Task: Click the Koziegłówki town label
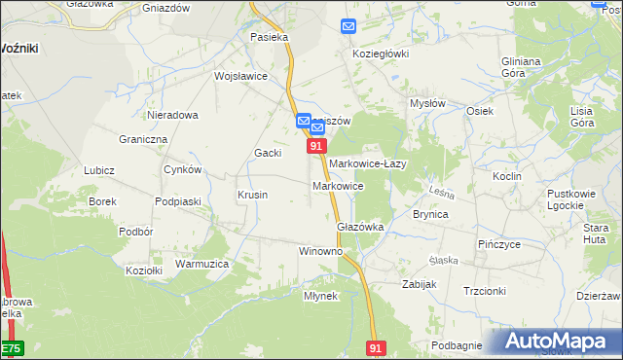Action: (381, 54)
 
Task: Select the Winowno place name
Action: (320, 250)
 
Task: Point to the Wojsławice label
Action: (240, 76)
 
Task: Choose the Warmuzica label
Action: (202, 264)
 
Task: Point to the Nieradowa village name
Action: (173, 115)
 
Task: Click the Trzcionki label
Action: (484, 291)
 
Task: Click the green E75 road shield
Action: (10, 348)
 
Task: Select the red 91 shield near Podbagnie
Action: (377, 347)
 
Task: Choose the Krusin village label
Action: (252, 195)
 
